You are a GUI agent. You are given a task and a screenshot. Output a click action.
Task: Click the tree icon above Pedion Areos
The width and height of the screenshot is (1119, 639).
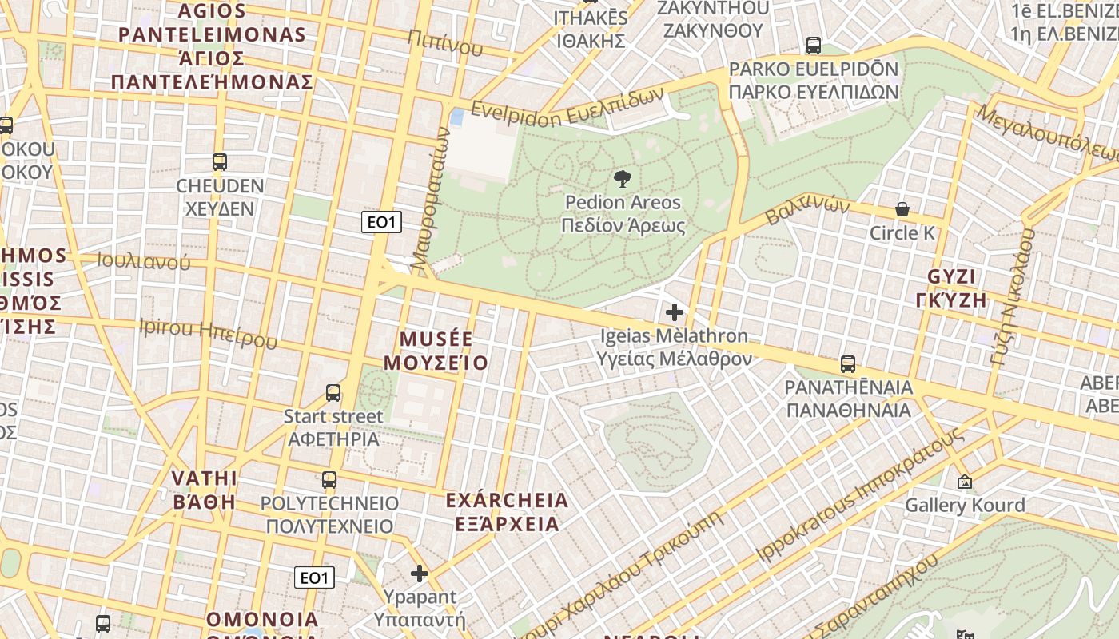pos(623,179)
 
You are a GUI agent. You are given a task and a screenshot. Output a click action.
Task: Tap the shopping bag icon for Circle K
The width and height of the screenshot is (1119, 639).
pos(902,209)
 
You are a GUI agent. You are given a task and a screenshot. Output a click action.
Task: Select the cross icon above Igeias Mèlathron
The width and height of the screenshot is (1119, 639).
pos(675,312)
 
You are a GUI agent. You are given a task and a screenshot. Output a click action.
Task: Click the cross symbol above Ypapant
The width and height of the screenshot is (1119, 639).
pos(420,574)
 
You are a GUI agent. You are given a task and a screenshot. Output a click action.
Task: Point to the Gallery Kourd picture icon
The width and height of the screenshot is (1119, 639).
pos(965,482)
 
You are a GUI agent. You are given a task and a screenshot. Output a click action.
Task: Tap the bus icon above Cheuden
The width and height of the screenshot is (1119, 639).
pos(220,162)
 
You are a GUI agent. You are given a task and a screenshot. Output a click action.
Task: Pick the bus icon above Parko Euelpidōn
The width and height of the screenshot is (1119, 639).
pos(814,46)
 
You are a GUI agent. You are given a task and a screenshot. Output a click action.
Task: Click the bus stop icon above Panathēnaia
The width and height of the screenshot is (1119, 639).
pos(848,364)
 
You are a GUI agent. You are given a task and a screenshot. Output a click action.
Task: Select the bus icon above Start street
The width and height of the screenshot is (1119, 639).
pos(333,393)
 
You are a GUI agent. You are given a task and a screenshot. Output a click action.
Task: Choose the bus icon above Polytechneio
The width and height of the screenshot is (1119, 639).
pos(329,480)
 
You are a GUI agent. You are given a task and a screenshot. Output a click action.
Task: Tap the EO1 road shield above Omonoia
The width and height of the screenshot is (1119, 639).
pos(314,577)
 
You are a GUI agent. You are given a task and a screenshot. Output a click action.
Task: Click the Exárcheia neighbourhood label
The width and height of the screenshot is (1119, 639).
pos(507,512)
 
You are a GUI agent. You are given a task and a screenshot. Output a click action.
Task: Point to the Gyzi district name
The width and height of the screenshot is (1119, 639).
pos(951,288)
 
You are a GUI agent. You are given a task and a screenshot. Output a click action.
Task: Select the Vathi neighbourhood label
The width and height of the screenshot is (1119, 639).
pos(205,490)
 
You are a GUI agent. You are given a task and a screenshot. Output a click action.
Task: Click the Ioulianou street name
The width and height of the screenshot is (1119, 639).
pos(144,261)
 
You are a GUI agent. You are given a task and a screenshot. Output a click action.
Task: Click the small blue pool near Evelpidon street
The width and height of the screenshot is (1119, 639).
pos(457,118)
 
